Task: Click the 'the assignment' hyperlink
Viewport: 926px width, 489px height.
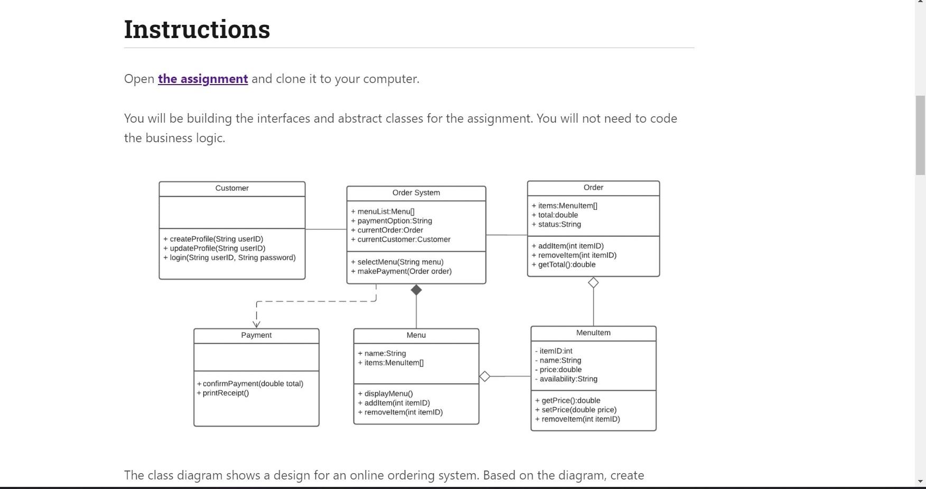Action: pos(203,79)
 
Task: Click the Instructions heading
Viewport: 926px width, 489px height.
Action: pos(197,29)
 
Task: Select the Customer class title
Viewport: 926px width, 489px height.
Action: pos(232,188)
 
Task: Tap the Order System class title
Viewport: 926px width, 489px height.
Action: pos(416,193)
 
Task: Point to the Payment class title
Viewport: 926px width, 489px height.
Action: pos(256,335)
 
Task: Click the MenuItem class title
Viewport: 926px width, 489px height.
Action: pos(593,333)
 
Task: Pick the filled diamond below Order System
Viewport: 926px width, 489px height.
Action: pos(416,290)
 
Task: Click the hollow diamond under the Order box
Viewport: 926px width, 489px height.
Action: pos(593,283)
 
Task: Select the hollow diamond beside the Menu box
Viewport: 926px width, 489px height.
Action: pos(484,376)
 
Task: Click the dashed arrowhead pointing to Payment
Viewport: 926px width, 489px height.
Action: pos(256,324)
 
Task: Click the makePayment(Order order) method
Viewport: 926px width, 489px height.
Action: pos(404,271)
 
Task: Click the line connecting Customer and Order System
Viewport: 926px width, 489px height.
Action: pos(325,229)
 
